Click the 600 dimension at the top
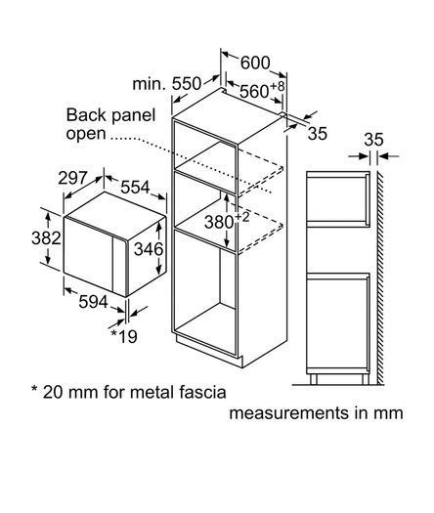[255, 63]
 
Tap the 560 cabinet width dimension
[254, 91]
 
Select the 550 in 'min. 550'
[187, 84]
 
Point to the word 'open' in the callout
[86, 134]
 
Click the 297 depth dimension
[72, 178]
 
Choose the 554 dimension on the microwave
[135, 188]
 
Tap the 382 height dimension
[46, 237]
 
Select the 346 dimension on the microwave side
[149, 249]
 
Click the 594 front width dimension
[93, 302]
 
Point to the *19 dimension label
[124, 336]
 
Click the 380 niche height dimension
[219, 222]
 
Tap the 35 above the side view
[373, 140]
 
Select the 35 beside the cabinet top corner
[317, 134]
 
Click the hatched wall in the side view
[380, 278]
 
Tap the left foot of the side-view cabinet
[313, 379]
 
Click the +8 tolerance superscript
[278, 86]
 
